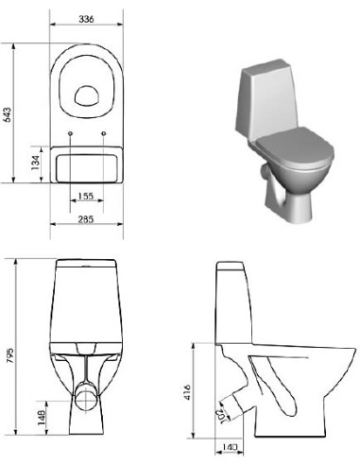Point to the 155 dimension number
coord(87,197)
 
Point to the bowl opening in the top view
coord(88,94)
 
